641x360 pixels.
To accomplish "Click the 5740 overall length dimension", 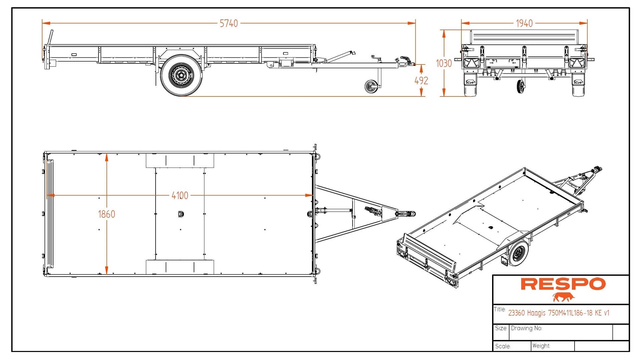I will tap(229, 23).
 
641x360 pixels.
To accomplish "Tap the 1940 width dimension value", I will tap(524, 23).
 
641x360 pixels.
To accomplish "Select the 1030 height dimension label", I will tap(444, 63).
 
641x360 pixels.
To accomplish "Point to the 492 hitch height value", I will tap(421, 81).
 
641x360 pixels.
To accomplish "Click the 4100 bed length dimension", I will tap(180, 196).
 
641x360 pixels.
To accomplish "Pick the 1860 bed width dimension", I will tap(106, 214).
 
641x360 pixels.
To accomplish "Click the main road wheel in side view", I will tap(181, 76).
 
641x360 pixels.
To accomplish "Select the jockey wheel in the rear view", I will tap(520, 86).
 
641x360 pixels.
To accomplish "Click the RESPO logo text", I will tap(563, 284).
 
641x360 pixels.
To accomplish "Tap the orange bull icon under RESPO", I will tap(563, 297).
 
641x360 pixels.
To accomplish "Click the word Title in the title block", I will tap(499, 309).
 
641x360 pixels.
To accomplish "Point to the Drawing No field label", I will tap(526, 328).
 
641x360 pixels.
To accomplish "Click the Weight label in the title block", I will tap(541, 346).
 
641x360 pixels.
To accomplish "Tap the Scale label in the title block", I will tap(503, 346).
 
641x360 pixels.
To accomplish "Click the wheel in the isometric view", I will tap(518, 254).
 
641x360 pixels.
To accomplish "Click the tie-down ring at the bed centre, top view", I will tap(181, 214).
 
